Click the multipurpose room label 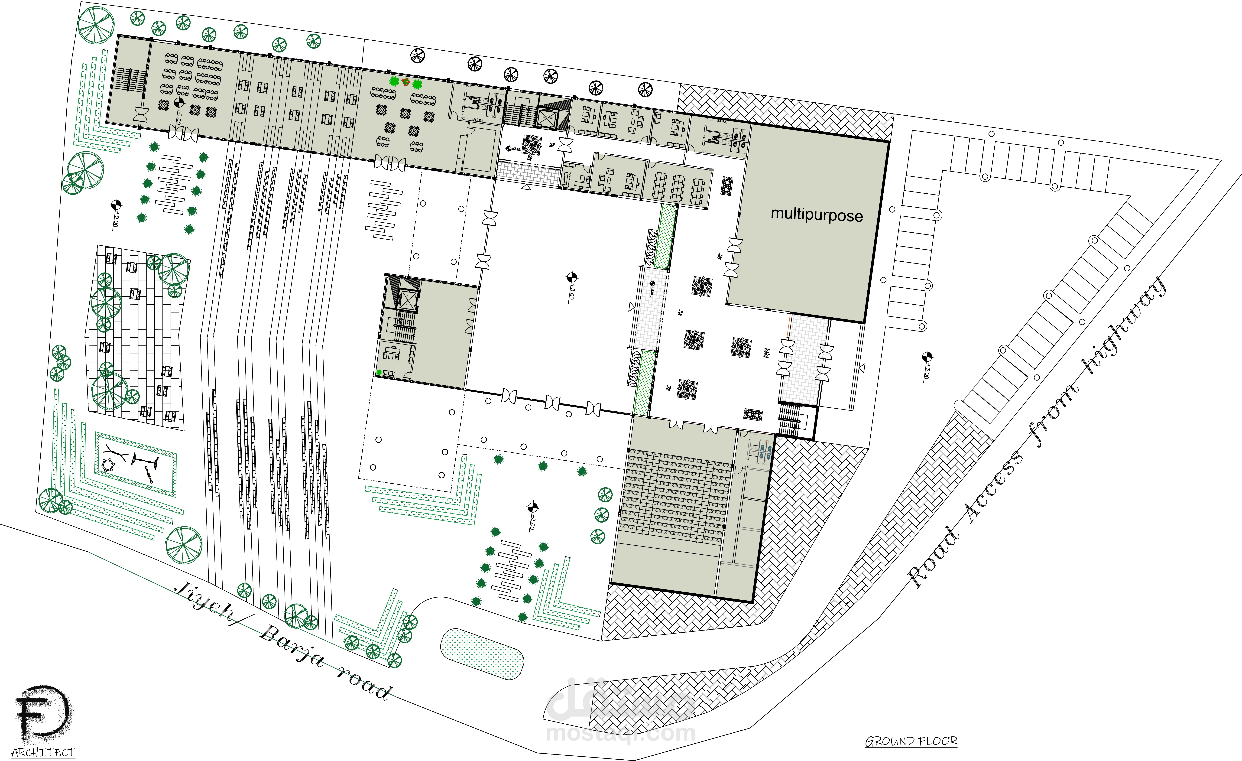817,215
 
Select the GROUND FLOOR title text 911,741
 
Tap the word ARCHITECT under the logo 43,752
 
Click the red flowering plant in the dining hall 406,82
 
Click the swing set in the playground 145,460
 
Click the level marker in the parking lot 926,357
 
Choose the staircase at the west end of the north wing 129,81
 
